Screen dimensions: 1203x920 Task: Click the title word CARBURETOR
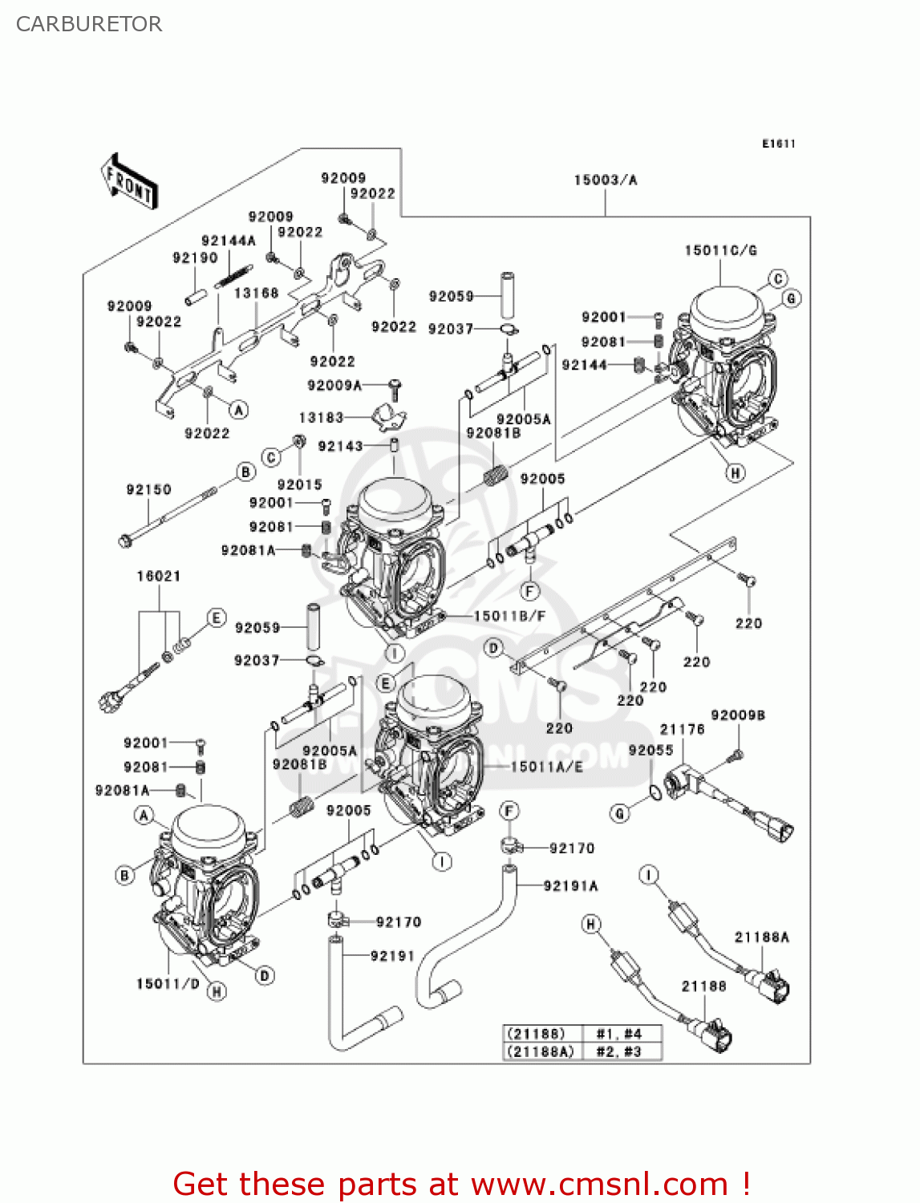coord(89,24)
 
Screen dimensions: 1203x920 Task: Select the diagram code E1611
coord(778,144)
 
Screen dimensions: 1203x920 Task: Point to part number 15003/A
coord(605,180)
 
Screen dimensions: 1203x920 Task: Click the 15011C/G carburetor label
coord(720,251)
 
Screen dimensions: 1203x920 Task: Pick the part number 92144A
coord(228,241)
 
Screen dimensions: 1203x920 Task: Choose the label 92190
coord(195,257)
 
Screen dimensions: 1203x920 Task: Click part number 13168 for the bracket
coord(256,294)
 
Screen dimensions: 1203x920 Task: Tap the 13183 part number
coord(321,418)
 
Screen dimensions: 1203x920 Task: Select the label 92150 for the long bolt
coord(148,489)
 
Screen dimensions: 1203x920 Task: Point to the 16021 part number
coord(158,576)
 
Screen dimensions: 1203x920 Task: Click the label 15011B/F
coord(509,616)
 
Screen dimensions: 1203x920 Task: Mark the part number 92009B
coord(737,715)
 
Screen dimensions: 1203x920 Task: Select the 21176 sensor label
coord(682,729)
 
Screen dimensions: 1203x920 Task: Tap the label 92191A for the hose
coord(570,886)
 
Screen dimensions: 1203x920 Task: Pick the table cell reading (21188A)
coord(539,1051)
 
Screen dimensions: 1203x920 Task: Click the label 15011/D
coord(168,983)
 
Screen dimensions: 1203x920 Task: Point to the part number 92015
coord(299,484)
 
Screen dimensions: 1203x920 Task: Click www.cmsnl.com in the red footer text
coord(598,1184)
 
